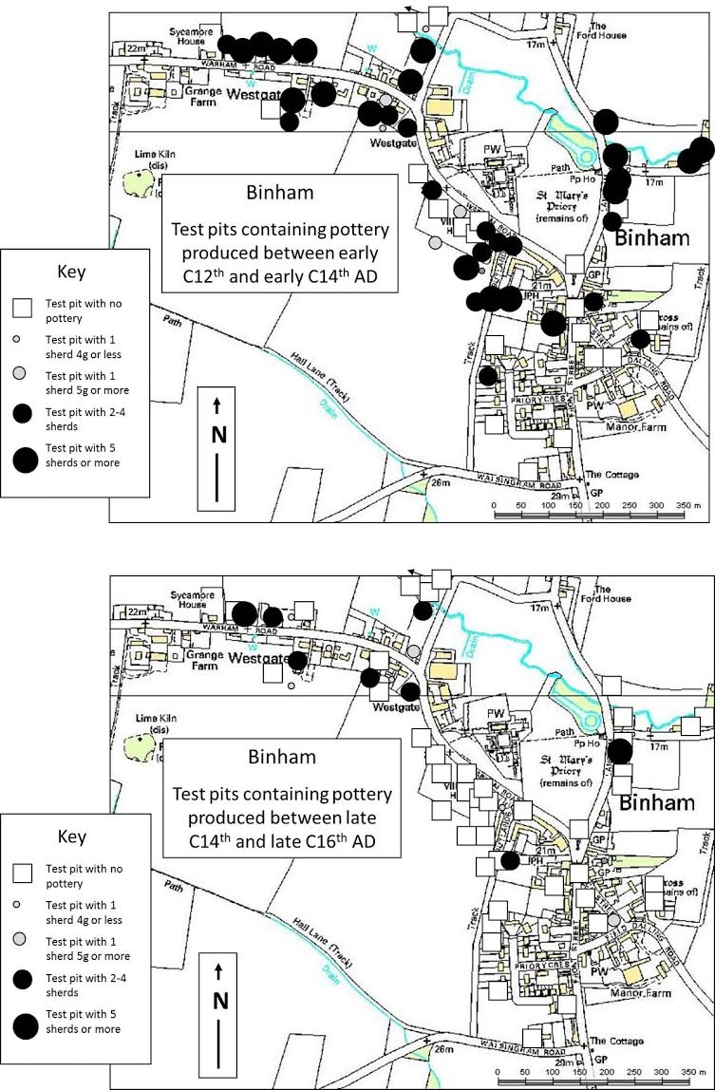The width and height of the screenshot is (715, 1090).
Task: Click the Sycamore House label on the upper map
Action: pyautogui.click(x=191, y=36)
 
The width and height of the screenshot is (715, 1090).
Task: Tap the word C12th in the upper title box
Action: pyautogui.click(x=197, y=276)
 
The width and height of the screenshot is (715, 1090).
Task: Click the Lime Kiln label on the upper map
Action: pyautogui.click(x=155, y=159)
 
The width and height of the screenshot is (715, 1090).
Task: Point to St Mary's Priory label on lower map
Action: pyautogui.click(x=566, y=771)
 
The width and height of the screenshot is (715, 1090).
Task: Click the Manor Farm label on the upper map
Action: pyautogui.click(x=636, y=427)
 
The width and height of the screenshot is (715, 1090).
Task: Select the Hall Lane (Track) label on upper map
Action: pyautogui.click(x=320, y=377)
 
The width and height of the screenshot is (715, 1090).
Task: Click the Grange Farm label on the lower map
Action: pyautogui.click(x=204, y=660)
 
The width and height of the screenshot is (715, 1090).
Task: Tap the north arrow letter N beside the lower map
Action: pyautogui.click(x=220, y=1000)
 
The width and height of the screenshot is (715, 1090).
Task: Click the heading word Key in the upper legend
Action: pyautogui.click(x=71, y=271)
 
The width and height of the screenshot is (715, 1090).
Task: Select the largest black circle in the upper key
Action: pyautogui.click(x=25, y=460)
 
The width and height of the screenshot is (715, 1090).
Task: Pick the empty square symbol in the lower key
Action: pyautogui.click(x=22, y=873)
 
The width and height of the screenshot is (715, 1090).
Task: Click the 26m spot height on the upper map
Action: pyautogui.click(x=440, y=482)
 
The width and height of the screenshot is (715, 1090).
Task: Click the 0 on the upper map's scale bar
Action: pyautogui.click(x=493, y=505)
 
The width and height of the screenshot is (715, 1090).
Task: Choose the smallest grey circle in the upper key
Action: pyautogui.click(x=16, y=339)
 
